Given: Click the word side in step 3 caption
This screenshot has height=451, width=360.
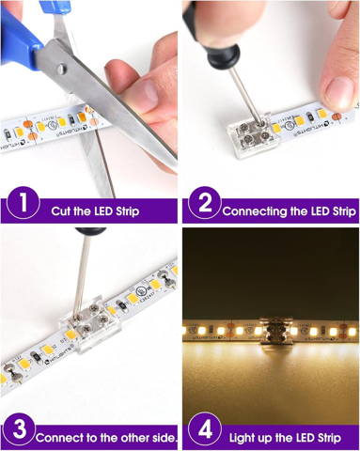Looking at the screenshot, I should tap(155, 437).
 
